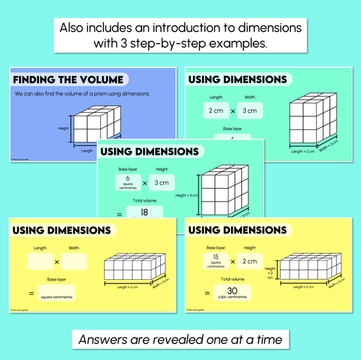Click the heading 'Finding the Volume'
tap(67, 79)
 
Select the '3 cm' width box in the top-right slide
tap(249, 111)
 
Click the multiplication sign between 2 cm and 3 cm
tap(233, 111)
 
